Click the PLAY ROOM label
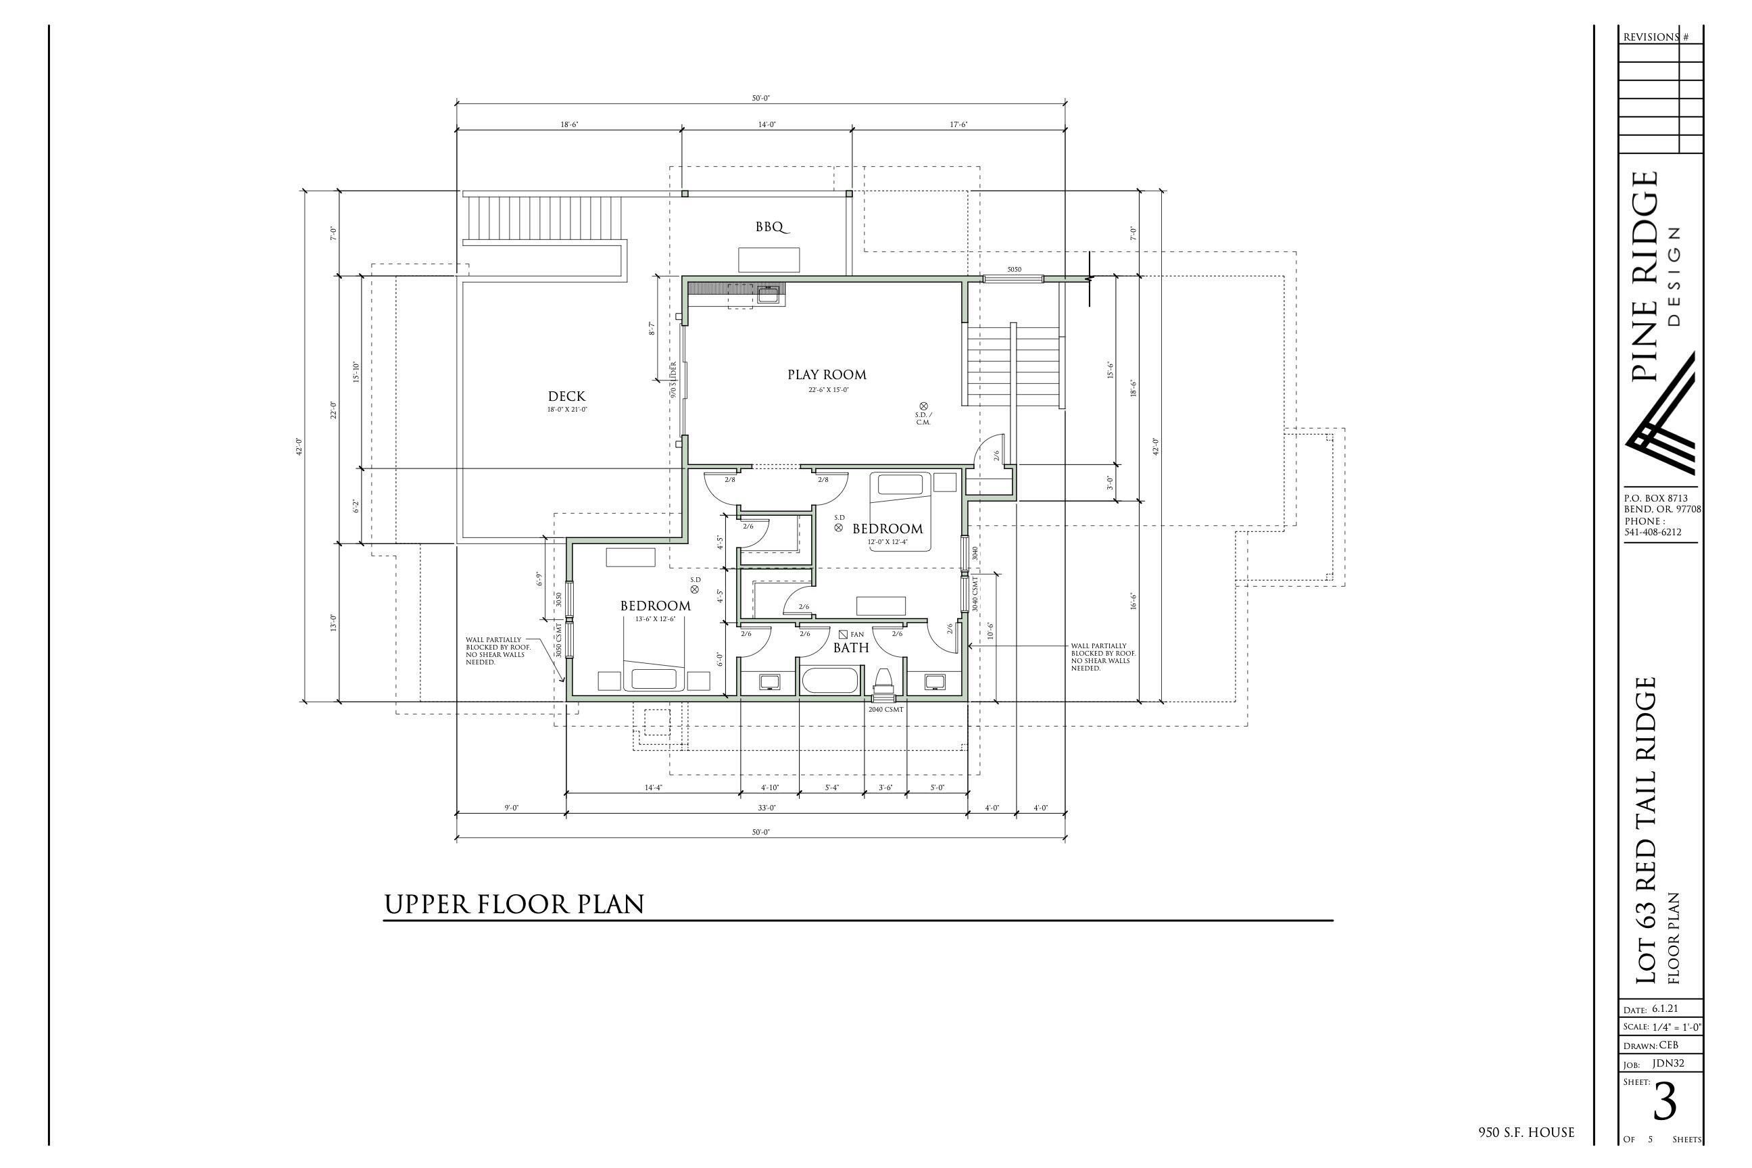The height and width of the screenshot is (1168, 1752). tap(827, 374)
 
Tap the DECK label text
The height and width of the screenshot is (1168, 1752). tap(566, 396)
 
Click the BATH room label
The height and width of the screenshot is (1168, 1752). tap(851, 648)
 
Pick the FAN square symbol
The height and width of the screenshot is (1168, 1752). tap(844, 634)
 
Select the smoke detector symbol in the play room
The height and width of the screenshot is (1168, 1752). tap(924, 406)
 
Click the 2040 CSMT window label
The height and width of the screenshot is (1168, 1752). tap(885, 710)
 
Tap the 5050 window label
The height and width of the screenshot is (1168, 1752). tap(1014, 270)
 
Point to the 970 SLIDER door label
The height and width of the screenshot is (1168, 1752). tap(673, 380)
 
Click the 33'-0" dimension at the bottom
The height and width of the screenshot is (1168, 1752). tap(766, 808)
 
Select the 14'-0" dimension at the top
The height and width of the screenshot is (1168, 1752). tap(766, 125)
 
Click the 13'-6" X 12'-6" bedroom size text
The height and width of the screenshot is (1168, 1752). tap(656, 619)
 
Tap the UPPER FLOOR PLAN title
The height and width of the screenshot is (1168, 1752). tap(514, 904)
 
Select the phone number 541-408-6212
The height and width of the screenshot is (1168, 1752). tap(1652, 533)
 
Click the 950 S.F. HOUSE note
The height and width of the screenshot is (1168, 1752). tap(1526, 1133)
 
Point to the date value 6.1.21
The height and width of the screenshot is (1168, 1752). tap(1664, 1009)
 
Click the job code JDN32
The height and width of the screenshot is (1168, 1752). tap(1667, 1064)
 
